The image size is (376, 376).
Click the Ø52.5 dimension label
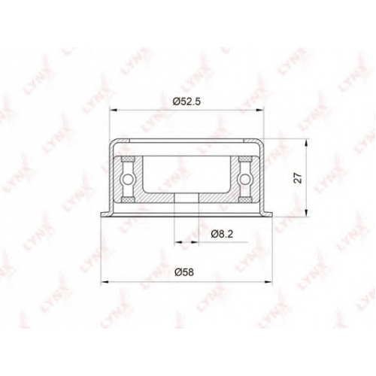point(186,102)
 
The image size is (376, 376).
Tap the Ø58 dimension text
point(184,272)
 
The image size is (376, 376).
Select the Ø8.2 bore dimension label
point(222,234)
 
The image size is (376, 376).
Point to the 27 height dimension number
point(299,177)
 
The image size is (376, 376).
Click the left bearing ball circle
point(127,179)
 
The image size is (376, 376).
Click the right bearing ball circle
point(244,179)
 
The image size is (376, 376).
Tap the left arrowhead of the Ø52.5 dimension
point(114,110)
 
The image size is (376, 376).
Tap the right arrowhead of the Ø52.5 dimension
point(260,110)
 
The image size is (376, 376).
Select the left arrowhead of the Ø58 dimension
point(105,282)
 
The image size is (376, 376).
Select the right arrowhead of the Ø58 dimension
point(268,282)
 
